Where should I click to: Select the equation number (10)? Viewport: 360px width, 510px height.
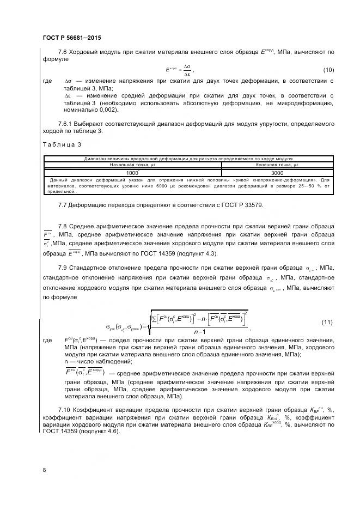click(x=328, y=69)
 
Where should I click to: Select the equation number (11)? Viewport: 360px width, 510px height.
click(x=326, y=323)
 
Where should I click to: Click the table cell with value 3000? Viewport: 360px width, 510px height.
click(x=277, y=172)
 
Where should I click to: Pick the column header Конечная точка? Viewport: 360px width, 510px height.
click(x=277, y=165)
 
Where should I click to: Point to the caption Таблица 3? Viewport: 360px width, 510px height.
click(x=62, y=144)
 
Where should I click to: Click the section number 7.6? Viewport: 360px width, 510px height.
click(x=63, y=52)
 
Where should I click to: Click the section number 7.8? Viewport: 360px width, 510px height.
click(x=63, y=226)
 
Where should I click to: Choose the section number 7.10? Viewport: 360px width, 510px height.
click(x=65, y=409)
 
